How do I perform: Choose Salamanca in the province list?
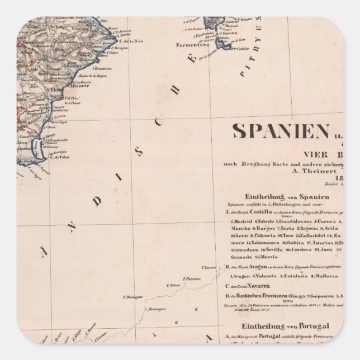[x=257, y=243]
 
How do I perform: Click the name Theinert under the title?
[x=318, y=173]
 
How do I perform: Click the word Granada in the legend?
[x=240, y=258]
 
